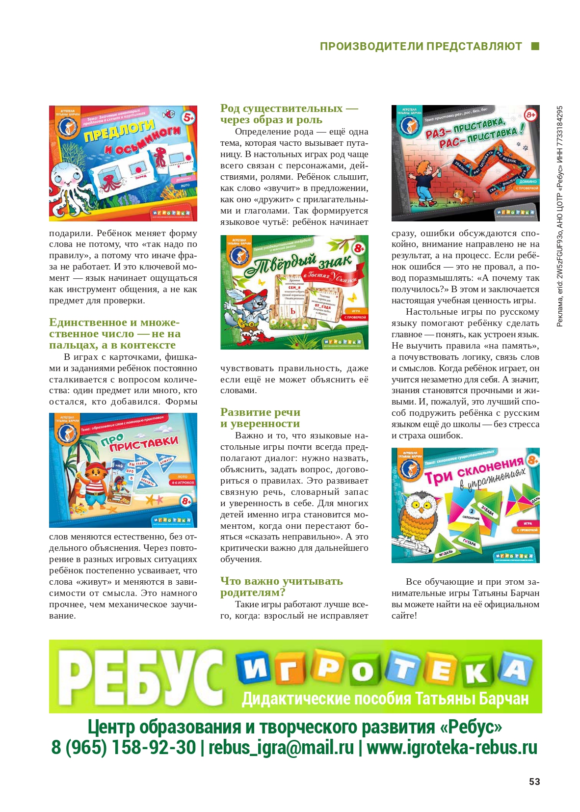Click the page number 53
534,782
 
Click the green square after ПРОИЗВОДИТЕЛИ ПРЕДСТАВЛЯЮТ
535,46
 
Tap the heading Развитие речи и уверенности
260,418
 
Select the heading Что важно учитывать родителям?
281,587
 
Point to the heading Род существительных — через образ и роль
289,114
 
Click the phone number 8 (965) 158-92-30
123,748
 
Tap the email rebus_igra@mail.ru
281,748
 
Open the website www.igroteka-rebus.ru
451,748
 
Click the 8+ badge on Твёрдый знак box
359,248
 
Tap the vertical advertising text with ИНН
560,216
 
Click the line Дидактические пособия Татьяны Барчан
385,699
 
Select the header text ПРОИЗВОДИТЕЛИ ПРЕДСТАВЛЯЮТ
421,46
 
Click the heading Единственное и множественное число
115,333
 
